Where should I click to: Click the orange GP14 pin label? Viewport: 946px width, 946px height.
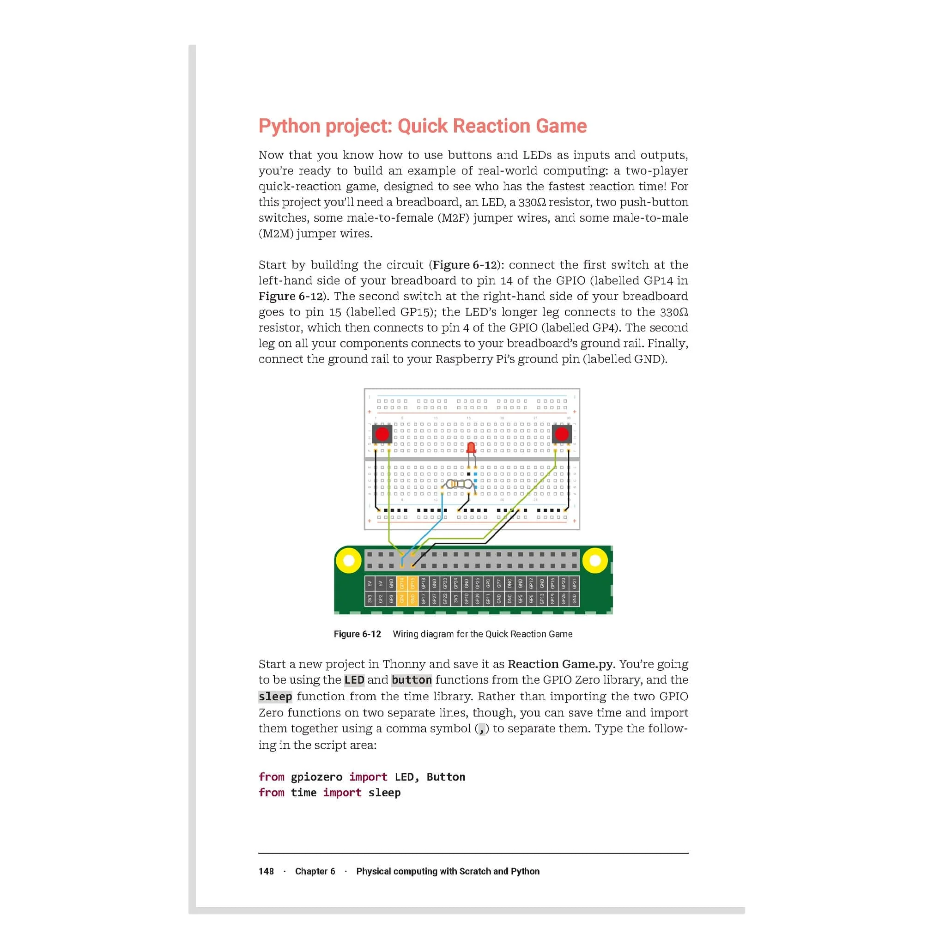402,583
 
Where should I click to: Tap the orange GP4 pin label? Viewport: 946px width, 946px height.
402,599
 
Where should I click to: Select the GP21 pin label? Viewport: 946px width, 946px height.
574,583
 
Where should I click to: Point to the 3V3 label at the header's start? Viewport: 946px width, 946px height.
370,599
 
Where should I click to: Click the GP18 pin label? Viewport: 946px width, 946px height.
424,583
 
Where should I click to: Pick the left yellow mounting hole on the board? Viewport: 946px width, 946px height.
349,560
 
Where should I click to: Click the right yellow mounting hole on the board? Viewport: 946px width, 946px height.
595,560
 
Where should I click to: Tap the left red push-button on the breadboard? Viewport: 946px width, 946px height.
382,434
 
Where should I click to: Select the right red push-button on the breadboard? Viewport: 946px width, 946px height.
561,434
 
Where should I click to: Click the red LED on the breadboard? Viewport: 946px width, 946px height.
471,448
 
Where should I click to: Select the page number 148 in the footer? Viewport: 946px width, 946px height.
266,871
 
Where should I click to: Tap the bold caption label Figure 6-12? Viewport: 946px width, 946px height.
357,634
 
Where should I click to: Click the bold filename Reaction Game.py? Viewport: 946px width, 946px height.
560,664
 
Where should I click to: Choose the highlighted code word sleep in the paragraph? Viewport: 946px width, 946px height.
275,696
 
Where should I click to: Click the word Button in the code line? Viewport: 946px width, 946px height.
446,776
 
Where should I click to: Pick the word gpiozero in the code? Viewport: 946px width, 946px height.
316,776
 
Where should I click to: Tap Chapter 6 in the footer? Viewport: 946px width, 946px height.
315,871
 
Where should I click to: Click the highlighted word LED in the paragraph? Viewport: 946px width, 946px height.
354,680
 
